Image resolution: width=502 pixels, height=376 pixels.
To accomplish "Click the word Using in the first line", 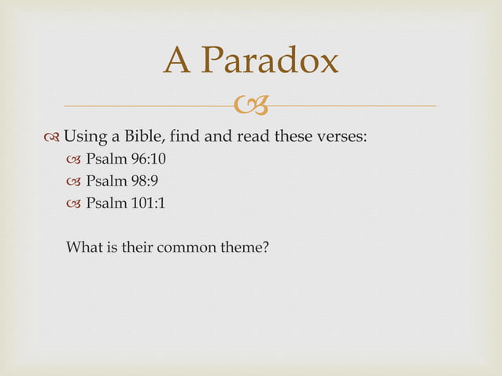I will pyautogui.click(x=87, y=137).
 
